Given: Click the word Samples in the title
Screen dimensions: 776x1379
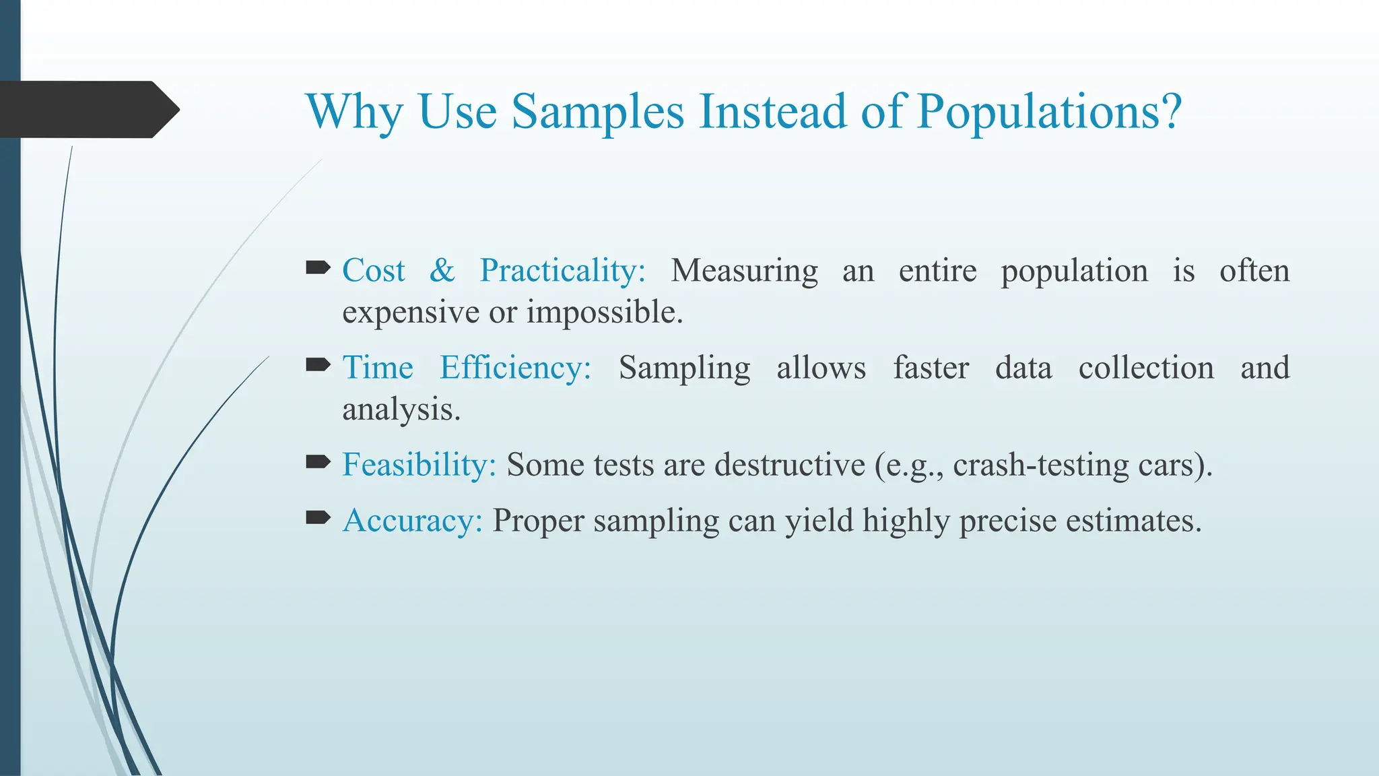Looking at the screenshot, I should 598,112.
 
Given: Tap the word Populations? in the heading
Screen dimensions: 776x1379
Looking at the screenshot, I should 1048,112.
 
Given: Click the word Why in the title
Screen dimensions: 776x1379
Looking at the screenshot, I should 353,112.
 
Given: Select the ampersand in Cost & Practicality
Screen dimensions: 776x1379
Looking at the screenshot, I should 442,271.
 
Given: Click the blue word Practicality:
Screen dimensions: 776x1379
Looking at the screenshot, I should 562,271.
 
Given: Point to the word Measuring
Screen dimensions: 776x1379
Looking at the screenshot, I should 744,271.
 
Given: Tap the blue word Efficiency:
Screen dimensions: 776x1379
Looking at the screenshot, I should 515,368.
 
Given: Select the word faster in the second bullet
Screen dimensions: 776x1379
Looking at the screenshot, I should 931,368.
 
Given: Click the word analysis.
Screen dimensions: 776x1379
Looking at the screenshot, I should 401,410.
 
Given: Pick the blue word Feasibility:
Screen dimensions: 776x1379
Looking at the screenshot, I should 419,465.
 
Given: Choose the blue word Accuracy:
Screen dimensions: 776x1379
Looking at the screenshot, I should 412,521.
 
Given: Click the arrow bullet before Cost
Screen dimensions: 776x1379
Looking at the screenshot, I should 318,269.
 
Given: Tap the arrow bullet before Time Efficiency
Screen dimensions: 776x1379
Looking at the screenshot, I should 318,366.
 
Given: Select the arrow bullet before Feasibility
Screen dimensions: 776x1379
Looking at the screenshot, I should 318,462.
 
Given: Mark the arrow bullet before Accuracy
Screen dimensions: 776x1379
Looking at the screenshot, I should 318,518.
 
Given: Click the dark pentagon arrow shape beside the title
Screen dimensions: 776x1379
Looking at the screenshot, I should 88,110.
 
